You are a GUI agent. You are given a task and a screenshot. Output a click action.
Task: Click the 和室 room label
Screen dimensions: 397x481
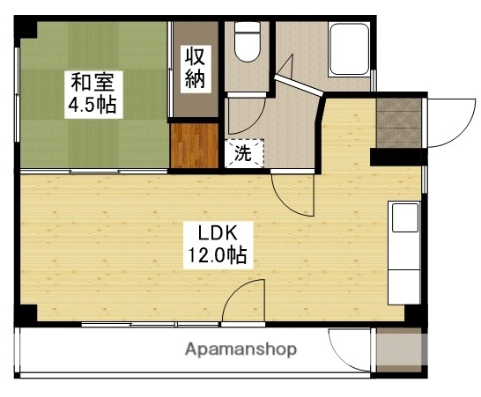pyautogui.click(x=92, y=84)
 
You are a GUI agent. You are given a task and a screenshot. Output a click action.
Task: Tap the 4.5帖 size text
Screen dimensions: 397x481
pyautogui.click(x=92, y=106)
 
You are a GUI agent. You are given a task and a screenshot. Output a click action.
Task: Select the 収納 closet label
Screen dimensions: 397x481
pyautogui.click(x=195, y=68)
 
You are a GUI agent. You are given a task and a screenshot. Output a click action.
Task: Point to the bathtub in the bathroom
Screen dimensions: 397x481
pyautogui.click(x=351, y=50)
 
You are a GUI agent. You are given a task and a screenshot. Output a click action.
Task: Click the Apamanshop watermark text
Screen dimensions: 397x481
pyautogui.click(x=240, y=349)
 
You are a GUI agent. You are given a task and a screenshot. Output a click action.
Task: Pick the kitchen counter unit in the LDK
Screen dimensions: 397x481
pyautogui.click(x=403, y=251)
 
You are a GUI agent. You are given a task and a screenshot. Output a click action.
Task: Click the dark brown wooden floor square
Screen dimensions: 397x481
pyautogui.click(x=195, y=144)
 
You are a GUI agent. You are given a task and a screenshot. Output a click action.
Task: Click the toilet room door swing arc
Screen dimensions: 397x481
pyautogui.click(x=247, y=114)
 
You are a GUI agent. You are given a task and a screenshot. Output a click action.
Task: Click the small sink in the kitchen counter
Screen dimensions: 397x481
pyautogui.click(x=404, y=217)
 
